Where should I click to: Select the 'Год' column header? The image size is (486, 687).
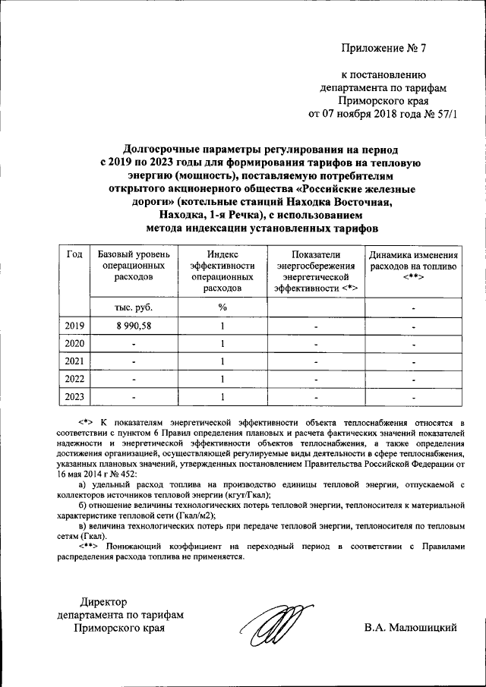pos(74,255)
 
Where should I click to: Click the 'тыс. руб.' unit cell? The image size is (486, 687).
pos(134,307)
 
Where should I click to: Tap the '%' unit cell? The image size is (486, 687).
pos(222,307)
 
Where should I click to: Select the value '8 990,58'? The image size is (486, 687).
pos(134,325)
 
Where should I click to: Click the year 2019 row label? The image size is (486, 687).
pos(74,325)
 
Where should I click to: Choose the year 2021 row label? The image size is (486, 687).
pos(74,361)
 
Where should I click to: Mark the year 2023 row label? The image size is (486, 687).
pos(74,395)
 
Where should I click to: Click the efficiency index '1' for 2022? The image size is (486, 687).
pos(222,378)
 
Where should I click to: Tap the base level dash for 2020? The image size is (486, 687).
pos(134,343)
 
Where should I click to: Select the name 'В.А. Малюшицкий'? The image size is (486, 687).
pos(409,628)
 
